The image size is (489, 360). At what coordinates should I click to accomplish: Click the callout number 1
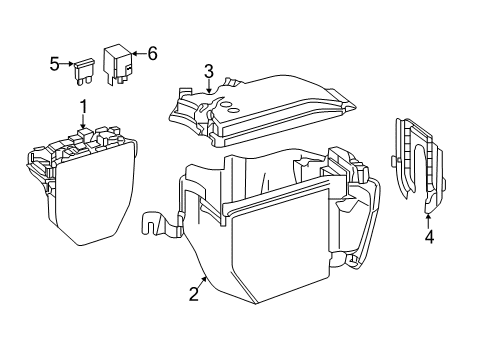[83, 107]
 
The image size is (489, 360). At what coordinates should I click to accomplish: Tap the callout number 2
[194, 294]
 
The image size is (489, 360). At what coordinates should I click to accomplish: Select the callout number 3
[209, 72]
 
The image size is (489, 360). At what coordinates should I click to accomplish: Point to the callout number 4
[429, 237]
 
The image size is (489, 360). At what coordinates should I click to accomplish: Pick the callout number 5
[54, 64]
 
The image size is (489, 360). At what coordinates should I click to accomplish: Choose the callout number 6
[152, 53]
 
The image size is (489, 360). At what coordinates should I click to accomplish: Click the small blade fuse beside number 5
[83, 71]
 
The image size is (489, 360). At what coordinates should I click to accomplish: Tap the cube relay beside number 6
[118, 63]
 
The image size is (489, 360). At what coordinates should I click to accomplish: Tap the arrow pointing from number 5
[67, 63]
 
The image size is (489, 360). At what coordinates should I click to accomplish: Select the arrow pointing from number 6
[139, 53]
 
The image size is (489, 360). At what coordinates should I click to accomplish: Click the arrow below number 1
[83, 121]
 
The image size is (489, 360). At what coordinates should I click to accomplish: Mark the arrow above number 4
[429, 222]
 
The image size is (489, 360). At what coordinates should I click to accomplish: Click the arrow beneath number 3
[209, 86]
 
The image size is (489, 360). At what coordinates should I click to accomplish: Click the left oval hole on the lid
[226, 105]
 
